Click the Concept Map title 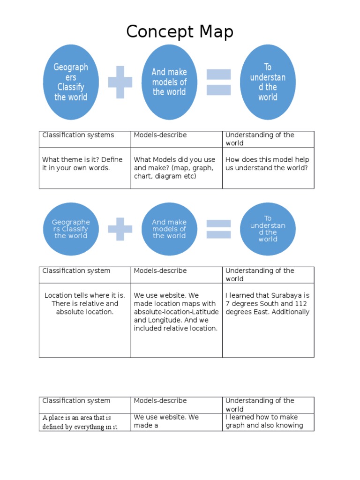pos(180,32)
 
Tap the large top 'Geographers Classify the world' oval pos(71,82)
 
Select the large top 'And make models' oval pos(169,82)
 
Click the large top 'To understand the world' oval pos(268,82)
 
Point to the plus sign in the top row pos(120,82)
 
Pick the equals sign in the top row pos(218,82)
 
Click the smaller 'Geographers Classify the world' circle pos(71,229)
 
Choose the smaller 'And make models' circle pos(169,229)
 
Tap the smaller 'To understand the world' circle pos(268,229)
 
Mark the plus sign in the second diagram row pos(120,229)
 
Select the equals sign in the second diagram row pos(218,229)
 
